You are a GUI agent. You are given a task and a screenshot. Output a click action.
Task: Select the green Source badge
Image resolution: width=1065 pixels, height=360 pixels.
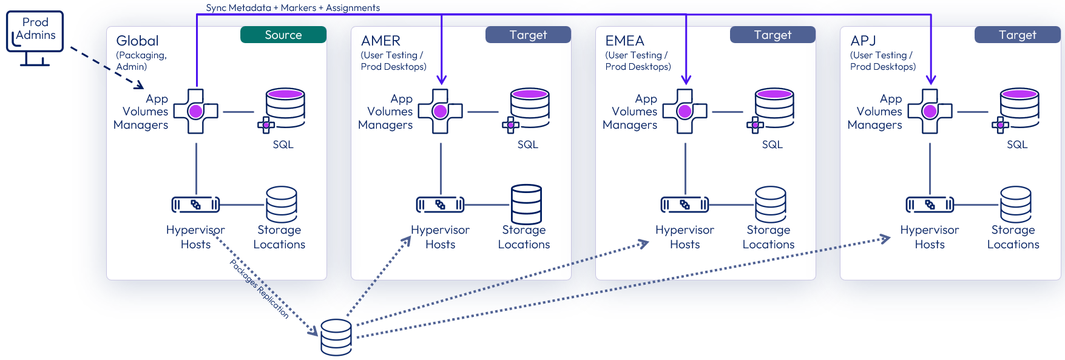(x=283, y=35)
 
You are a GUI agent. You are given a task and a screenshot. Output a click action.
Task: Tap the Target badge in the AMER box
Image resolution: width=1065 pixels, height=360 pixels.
(x=528, y=35)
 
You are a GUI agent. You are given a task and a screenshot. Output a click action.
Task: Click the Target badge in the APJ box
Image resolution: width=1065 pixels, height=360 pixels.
(x=1017, y=35)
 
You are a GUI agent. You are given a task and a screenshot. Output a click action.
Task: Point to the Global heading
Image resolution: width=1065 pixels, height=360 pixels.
(x=137, y=41)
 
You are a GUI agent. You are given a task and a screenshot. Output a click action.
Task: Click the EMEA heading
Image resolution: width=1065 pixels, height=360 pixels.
(x=624, y=41)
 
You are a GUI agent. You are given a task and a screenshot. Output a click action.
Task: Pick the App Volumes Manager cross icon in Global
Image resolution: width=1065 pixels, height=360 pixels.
(x=195, y=112)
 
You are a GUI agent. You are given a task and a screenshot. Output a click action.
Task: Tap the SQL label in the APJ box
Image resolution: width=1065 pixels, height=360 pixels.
(x=1017, y=144)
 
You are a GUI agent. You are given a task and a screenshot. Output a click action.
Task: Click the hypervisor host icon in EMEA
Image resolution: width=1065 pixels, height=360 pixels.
(x=685, y=205)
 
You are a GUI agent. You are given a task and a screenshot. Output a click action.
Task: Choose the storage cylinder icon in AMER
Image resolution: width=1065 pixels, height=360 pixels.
(x=526, y=205)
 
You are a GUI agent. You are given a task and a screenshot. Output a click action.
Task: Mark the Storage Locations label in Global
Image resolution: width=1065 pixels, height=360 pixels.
(x=279, y=237)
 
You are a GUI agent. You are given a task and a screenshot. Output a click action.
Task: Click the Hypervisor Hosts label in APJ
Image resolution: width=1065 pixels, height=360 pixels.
(x=930, y=237)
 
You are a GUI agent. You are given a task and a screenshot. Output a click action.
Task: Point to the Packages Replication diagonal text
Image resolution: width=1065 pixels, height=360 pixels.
(x=259, y=288)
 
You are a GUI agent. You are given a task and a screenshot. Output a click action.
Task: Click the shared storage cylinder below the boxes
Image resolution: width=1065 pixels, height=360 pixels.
(x=336, y=337)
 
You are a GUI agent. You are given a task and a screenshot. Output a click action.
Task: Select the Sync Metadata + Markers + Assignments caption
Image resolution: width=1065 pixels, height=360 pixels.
(x=292, y=8)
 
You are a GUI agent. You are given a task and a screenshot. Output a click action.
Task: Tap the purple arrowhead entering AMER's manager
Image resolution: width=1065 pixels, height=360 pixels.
(x=441, y=80)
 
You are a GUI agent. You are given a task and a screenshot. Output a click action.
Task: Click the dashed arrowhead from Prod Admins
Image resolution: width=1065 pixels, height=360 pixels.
(x=140, y=85)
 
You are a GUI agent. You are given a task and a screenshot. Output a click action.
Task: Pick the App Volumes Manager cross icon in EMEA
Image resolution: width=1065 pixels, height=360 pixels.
(x=685, y=112)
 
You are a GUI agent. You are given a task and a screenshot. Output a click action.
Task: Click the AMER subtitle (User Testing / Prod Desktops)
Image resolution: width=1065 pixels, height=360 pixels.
(x=393, y=61)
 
